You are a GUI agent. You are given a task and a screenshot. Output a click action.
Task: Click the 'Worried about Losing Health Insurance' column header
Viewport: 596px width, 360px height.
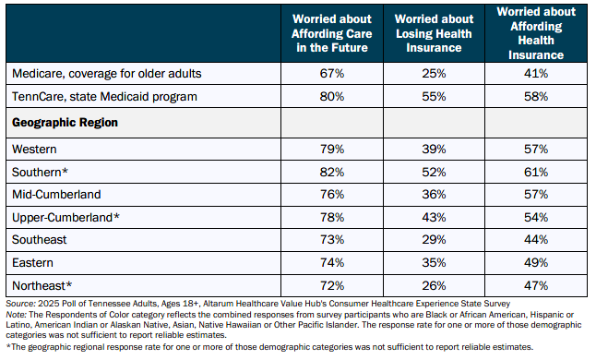click(x=434, y=33)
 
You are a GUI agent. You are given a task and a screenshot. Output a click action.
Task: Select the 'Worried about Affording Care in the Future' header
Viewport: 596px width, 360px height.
click(x=332, y=33)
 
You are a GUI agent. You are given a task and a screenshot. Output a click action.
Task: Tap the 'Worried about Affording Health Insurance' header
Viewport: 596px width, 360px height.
click(x=536, y=33)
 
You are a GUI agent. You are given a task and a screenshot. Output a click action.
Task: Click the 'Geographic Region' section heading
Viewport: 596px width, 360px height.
click(x=65, y=123)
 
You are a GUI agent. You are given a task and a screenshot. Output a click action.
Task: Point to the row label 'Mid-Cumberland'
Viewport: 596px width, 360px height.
click(x=56, y=194)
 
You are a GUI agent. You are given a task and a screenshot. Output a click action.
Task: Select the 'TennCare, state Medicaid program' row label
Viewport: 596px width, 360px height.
click(x=104, y=97)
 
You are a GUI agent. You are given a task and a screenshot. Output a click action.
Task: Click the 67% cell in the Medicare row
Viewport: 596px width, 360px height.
click(x=332, y=73)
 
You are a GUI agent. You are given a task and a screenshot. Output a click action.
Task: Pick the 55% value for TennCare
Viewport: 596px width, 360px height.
click(x=434, y=97)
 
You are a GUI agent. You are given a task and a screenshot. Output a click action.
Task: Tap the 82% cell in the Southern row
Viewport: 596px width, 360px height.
click(x=332, y=173)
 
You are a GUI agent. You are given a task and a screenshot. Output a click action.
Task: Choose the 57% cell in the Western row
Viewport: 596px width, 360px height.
click(x=536, y=149)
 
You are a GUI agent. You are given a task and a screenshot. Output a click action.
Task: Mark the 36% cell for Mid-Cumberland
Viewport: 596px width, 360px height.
click(x=434, y=194)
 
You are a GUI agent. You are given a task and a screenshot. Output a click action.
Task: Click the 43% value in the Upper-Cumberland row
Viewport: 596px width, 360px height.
click(x=434, y=217)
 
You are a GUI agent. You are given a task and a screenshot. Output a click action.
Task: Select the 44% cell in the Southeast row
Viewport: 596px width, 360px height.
click(x=536, y=239)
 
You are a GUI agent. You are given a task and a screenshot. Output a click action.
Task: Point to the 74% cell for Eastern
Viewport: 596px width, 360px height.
click(x=332, y=263)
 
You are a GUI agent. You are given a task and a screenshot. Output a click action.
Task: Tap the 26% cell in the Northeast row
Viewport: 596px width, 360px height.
click(x=434, y=285)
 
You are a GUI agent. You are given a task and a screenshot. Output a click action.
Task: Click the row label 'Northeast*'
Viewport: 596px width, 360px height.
click(x=42, y=285)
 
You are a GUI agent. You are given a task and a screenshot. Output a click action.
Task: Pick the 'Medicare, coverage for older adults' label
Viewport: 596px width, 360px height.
click(x=107, y=73)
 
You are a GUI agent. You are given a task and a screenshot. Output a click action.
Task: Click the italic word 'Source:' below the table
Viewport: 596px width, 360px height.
click(x=21, y=304)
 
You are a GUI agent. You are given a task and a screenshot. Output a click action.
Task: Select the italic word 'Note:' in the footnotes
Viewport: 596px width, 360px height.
click(x=16, y=315)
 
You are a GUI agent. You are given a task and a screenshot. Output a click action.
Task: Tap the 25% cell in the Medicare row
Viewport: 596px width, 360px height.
click(x=434, y=73)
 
